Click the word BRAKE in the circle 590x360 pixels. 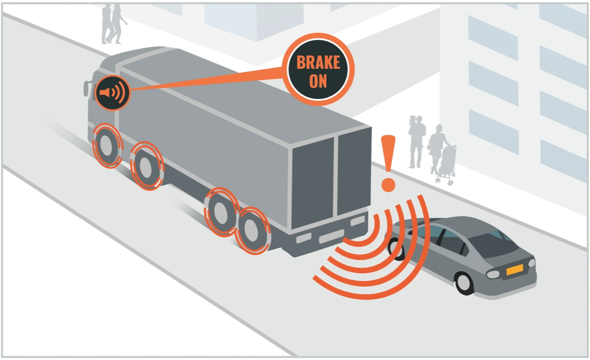pos(318,62)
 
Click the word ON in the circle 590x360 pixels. pos(318,80)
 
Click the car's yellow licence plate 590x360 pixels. pos(514,270)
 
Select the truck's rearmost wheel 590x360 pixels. pos(252,231)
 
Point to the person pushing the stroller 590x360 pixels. pos(437,147)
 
